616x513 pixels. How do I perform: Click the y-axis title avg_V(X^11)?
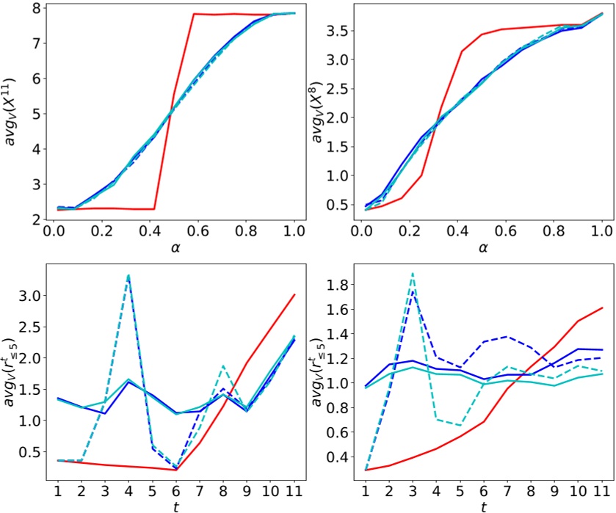tap(12, 117)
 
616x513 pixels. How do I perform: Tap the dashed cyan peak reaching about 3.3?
tap(128, 275)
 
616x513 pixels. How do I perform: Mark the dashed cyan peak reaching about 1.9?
tap(413, 273)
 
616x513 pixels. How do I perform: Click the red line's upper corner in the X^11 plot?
tap(194, 14)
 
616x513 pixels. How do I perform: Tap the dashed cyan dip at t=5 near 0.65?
tap(460, 425)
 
